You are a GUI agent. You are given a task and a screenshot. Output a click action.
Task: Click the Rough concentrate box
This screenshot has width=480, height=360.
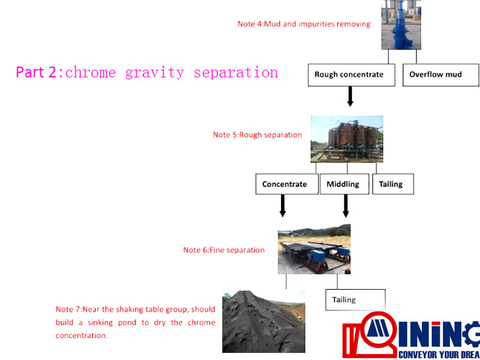pyautogui.click(x=351, y=75)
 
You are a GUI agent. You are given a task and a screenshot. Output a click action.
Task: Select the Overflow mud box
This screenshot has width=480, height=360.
pyautogui.click(x=441, y=75)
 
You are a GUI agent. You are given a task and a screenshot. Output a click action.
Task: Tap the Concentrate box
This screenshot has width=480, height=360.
pyautogui.click(x=287, y=184)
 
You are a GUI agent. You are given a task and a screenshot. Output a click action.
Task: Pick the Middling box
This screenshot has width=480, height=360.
pyautogui.click(x=344, y=184)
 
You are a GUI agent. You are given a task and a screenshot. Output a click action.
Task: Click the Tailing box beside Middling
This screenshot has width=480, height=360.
pyautogui.click(x=393, y=184)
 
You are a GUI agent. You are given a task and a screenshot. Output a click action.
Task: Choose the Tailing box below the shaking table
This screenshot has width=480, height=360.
pyautogui.click(x=355, y=300)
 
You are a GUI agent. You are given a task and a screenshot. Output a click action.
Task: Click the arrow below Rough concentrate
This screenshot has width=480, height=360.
pyautogui.click(x=351, y=97)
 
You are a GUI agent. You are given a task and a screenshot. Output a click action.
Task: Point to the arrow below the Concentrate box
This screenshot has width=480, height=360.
pyautogui.click(x=283, y=206)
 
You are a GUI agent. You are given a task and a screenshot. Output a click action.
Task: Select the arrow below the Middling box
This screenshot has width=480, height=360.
pyautogui.click(x=346, y=206)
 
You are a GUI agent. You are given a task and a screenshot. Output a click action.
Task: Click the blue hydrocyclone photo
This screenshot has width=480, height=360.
pyautogui.click(x=401, y=25)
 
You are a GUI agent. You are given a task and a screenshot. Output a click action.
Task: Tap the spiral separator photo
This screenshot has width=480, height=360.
pyautogui.click(x=347, y=139)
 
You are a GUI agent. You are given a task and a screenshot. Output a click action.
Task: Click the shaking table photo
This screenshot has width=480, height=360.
pyautogui.click(x=314, y=249)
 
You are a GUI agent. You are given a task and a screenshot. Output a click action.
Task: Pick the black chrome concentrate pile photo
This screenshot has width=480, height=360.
pyautogui.click(x=264, y=322)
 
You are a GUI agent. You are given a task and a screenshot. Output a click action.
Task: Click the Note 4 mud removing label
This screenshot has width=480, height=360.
pyautogui.click(x=304, y=24)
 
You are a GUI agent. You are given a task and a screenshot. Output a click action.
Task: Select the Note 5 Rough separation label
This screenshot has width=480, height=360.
pyautogui.click(x=257, y=135)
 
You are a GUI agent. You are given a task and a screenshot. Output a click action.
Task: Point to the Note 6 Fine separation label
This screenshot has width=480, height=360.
pyautogui.click(x=224, y=250)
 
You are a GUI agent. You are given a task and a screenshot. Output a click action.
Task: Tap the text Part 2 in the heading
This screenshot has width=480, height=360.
pyautogui.click(x=36, y=73)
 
